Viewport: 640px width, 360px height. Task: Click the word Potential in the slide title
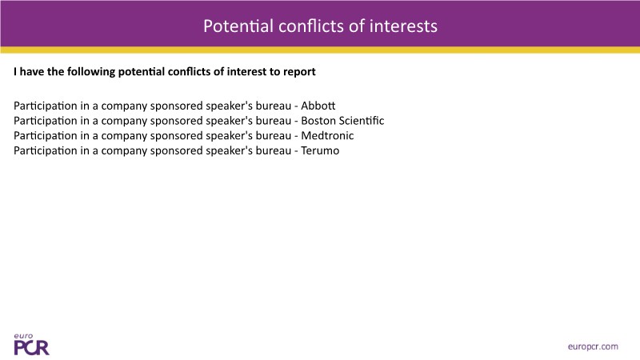click(238, 26)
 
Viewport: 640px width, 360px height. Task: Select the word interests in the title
click(403, 26)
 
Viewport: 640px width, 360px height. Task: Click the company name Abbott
click(318, 106)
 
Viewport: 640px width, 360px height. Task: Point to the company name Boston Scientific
click(342, 121)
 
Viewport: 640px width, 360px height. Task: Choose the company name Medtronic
click(327, 135)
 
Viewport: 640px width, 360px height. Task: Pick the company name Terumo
click(320, 150)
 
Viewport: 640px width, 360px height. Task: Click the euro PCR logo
click(31, 345)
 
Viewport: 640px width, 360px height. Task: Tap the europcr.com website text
click(593, 347)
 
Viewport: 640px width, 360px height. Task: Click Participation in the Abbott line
click(46, 106)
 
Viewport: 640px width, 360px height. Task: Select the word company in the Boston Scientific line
click(124, 122)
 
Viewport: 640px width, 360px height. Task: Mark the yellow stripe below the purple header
click(320, 50)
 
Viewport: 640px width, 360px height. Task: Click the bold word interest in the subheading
click(246, 72)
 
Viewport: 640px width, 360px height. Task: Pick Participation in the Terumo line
click(46, 151)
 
